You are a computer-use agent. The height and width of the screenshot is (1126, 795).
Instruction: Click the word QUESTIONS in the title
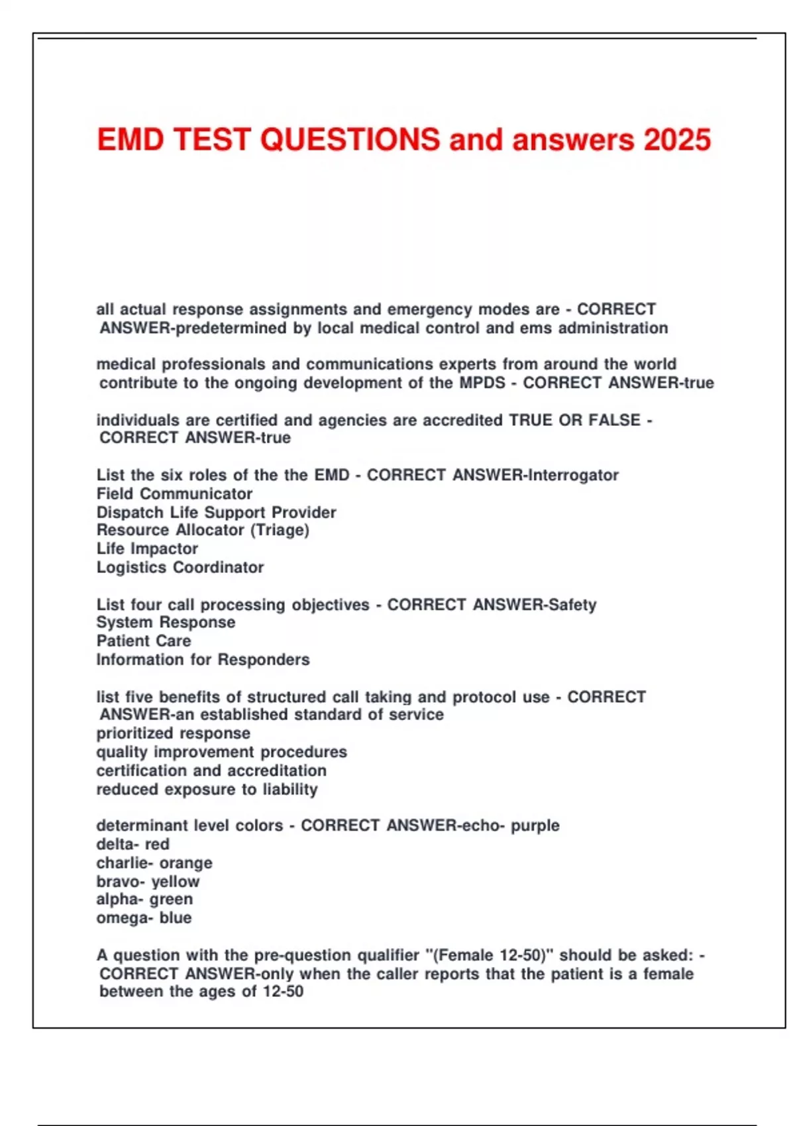[350, 140]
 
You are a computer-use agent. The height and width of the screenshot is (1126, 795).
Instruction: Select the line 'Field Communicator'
[174, 493]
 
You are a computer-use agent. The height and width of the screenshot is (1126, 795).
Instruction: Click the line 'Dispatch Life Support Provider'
[216, 512]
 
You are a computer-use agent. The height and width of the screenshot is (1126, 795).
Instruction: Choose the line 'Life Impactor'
[147, 548]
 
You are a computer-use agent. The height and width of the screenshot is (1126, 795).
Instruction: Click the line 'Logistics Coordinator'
[180, 567]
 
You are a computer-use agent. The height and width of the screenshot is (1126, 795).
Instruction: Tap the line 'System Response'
[166, 622]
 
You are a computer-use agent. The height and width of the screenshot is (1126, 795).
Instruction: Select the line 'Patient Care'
[144, 640]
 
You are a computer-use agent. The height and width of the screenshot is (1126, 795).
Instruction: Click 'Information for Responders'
[203, 659]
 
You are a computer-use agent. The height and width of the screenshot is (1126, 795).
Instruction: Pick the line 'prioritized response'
[174, 733]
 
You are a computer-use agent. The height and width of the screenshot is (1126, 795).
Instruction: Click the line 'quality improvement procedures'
[221, 752]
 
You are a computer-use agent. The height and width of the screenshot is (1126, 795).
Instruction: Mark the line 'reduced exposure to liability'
[207, 789]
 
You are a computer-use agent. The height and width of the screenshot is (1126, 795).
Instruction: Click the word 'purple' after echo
[535, 825]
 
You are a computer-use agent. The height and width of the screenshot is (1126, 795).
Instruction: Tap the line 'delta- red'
[132, 844]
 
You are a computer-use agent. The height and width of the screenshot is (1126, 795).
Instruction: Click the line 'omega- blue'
[144, 917]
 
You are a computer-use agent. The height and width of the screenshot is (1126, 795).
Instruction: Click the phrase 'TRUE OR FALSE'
[574, 420]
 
